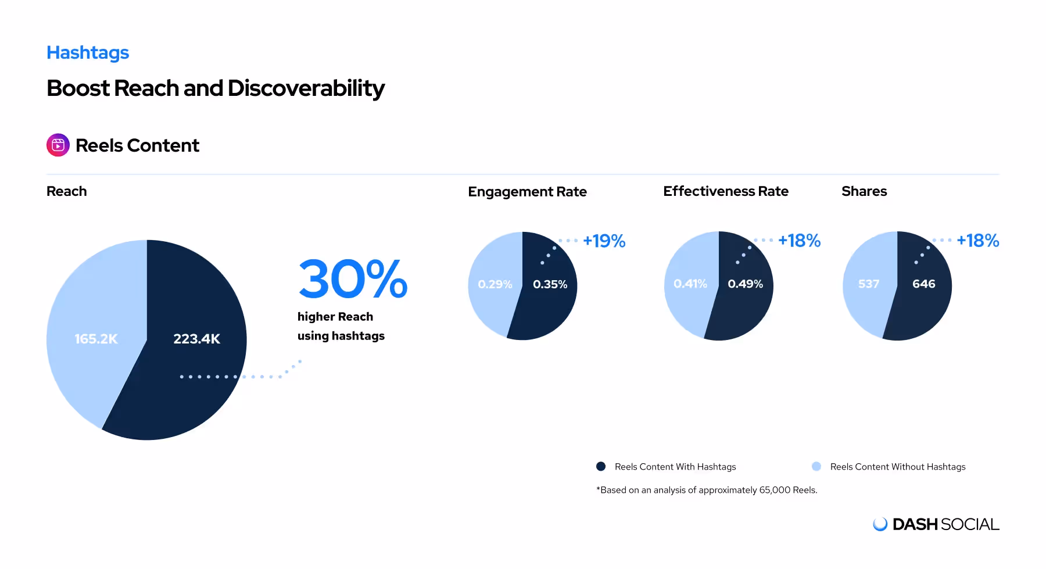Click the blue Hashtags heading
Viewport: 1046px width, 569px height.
pyautogui.click(x=88, y=53)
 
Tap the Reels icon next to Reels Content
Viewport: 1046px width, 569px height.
pyautogui.click(x=58, y=145)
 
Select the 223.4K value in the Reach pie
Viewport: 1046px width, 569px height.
pyautogui.click(x=196, y=339)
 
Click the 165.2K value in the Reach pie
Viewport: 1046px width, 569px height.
pyautogui.click(x=96, y=339)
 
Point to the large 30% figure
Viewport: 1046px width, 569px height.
pyautogui.click(x=353, y=280)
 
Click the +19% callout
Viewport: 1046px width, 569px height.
pyautogui.click(x=604, y=241)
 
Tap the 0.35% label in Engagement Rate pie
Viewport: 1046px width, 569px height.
pyautogui.click(x=550, y=284)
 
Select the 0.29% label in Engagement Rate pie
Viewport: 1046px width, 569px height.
pyautogui.click(x=495, y=284)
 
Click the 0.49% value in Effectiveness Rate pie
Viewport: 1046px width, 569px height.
pyautogui.click(x=745, y=284)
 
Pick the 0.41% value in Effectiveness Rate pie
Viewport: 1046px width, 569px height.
pyautogui.click(x=690, y=284)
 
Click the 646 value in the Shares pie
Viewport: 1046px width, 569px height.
pyautogui.click(x=923, y=284)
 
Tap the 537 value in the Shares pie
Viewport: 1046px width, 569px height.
pyautogui.click(x=869, y=284)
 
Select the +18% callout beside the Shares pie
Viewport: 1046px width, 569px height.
pyautogui.click(x=977, y=241)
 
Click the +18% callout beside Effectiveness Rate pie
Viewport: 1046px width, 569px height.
pyautogui.click(x=799, y=241)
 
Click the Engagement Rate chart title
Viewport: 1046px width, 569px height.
pyautogui.click(x=527, y=192)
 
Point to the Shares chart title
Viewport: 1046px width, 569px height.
pyautogui.click(x=864, y=191)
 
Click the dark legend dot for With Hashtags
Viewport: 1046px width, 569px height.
pyautogui.click(x=601, y=466)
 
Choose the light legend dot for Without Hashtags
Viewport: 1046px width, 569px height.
pyautogui.click(x=816, y=466)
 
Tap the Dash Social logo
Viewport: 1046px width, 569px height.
pyautogui.click(x=936, y=524)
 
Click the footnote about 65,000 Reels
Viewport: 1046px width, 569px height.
pyautogui.click(x=707, y=490)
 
